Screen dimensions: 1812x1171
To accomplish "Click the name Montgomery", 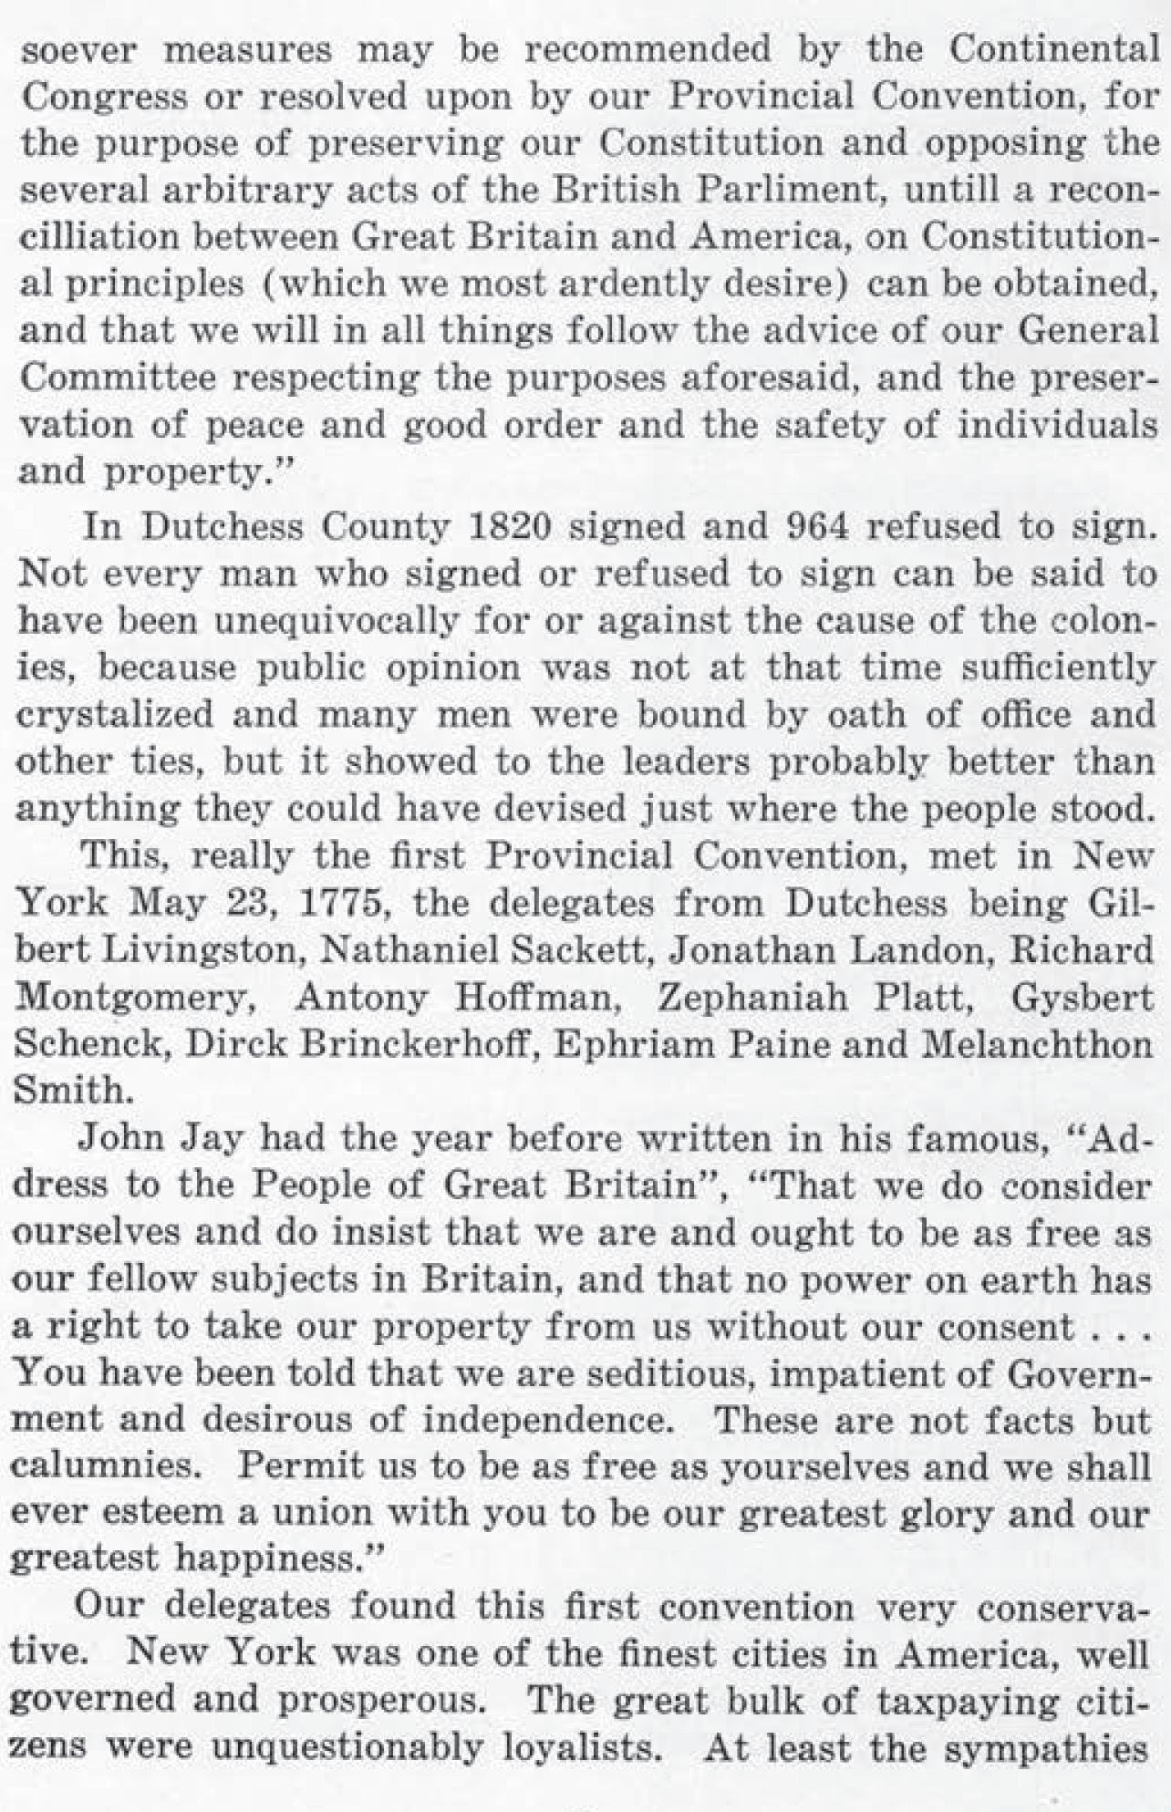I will point(134,999).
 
